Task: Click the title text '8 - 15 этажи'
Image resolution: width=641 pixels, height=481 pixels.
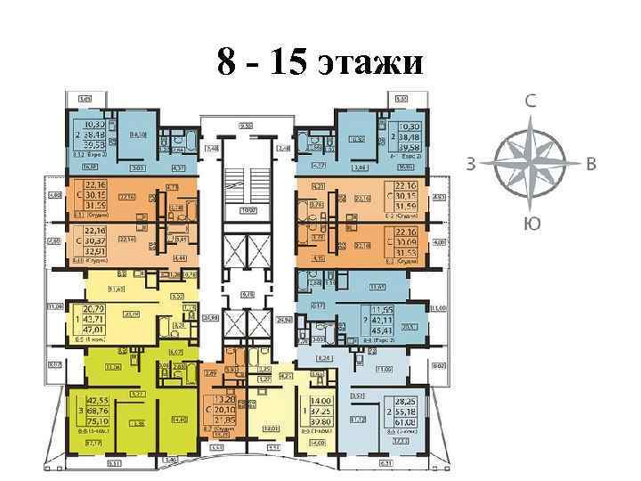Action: point(320,64)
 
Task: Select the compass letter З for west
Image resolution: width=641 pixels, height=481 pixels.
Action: point(472,162)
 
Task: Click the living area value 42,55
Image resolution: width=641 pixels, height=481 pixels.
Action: point(98,402)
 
